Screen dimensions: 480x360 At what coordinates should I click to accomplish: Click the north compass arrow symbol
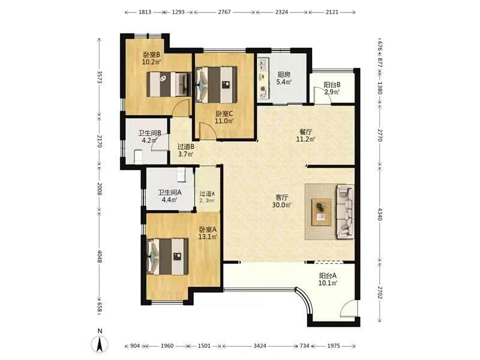[x=100, y=344]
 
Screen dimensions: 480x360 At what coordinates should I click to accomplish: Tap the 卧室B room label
[x=152, y=55]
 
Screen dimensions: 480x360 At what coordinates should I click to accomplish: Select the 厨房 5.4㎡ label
[x=284, y=79]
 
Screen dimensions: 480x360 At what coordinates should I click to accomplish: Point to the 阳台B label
[x=332, y=85]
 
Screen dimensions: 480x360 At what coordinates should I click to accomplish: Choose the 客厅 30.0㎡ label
[x=281, y=201]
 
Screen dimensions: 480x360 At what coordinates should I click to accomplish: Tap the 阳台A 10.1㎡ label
[x=328, y=279]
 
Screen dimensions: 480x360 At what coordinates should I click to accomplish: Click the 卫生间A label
[x=170, y=193]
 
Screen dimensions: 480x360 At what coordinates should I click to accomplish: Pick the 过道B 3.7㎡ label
[x=186, y=151]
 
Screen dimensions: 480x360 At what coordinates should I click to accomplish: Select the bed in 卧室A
[x=167, y=257]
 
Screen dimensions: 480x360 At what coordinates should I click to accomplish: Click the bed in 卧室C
[x=216, y=85]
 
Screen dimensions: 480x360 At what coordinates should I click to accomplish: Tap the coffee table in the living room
[x=322, y=212]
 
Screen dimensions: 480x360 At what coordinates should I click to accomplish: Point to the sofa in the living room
[x=346, y=212]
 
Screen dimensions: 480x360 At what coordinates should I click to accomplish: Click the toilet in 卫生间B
[x=139, y=156]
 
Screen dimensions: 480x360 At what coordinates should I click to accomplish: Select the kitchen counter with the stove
[x=263, y=79]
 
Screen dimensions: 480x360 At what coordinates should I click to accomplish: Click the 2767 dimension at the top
[x=224, y=12]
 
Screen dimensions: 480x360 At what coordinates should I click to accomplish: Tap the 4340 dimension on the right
[x=380, y=214]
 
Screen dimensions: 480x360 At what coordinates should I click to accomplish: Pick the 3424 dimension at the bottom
[x=260, y=346]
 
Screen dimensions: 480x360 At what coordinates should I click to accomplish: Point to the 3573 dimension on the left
[x=99, y=77]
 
